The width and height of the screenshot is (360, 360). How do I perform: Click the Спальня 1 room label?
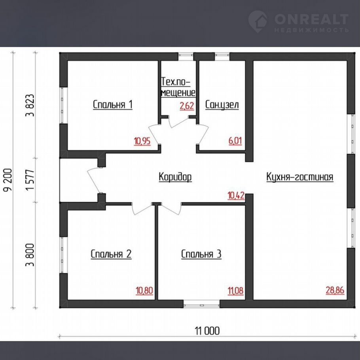[x=113, y=105]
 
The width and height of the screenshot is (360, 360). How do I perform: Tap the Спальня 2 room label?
[x=111, y=254]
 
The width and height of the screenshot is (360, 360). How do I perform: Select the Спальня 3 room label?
[x=201, y=254]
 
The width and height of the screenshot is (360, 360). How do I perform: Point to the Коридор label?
[x=175, y=177]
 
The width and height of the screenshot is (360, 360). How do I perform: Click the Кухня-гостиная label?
[x=300, y=177]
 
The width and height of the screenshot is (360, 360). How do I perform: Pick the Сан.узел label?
[x=222, y=105]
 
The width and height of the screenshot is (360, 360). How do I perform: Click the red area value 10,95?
[x=142, y=141]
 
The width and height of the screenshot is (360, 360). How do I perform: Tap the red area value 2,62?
[x=187, y=106]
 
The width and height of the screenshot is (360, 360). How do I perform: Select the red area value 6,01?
[x=235, y=141]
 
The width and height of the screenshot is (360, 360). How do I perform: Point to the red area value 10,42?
[x=236, y=196]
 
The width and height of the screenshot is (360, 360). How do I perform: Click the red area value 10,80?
[x=144, y=291]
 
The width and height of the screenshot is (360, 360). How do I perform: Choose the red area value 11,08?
[x=235, y=291]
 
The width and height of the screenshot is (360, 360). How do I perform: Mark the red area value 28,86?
[x=335, y=290]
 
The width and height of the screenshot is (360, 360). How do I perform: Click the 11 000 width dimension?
[x=207, y=331]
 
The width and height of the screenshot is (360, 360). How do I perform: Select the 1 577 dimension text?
[x=30, y=180]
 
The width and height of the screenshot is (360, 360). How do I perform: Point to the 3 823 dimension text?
[x=30, y=105]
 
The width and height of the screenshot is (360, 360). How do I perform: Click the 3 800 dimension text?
[x=30, y=255]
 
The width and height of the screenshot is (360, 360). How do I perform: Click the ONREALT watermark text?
[x=311, y=19]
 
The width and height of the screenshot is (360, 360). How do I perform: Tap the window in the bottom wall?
[x=202, y=304]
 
